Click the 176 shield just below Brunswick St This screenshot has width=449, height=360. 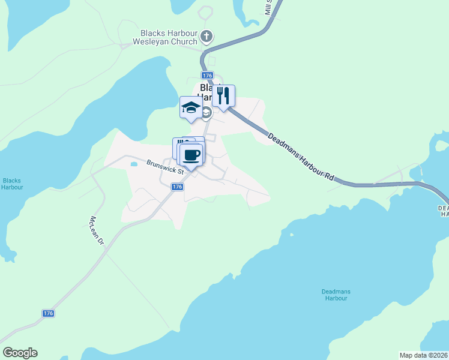tap(176, 187)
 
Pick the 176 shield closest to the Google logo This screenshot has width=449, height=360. tap(49, 314)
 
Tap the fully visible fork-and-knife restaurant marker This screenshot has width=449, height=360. tap(223, 96)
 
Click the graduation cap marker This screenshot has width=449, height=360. tap(191, 108)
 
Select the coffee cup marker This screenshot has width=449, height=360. tap(191, 155)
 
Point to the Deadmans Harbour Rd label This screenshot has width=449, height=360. tap(300, 157)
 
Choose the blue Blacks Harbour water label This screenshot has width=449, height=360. tap(12, 184)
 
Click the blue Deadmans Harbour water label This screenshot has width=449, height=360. tap(335, 295)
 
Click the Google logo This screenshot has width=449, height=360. tap(20, 353)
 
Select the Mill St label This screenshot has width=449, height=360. tap(268, 7)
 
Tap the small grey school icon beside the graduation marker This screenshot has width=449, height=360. tap(206, 113)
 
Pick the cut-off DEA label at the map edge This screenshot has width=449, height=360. tap(444, 210)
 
